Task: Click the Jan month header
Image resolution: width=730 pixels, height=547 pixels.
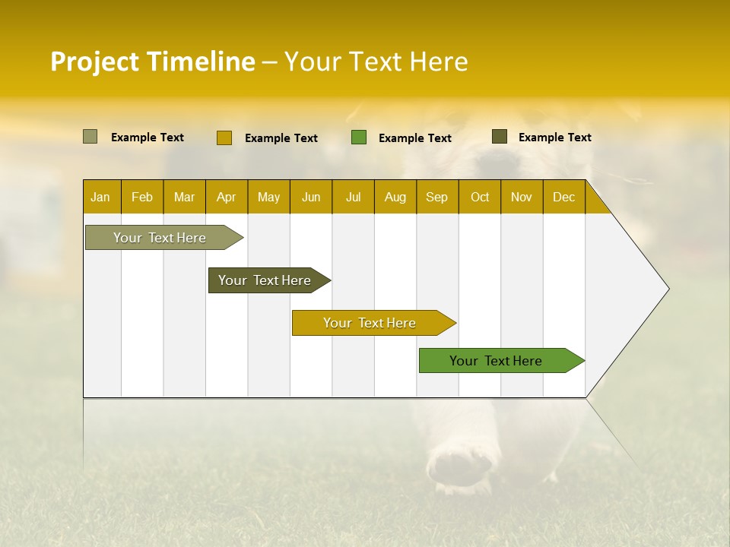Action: click(100, 197)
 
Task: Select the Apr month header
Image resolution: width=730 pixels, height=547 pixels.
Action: click(227, 197)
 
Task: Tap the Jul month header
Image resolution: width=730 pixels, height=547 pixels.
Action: click(353, 197)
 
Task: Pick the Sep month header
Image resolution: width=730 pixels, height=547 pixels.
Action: click(437, 197)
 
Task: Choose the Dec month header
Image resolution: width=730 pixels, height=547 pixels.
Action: click(563, 197)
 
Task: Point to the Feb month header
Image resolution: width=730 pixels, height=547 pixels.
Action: click(142, 197)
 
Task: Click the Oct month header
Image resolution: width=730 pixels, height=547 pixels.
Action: click(480, 197)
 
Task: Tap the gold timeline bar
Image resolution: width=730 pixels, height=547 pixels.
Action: click(370, 323)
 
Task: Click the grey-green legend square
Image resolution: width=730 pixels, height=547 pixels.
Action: click(90, 137)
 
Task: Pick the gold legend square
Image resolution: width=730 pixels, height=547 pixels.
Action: click(224, 138)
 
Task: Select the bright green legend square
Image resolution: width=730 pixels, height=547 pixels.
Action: click(359, 138)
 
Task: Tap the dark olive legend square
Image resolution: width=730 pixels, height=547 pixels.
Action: click(500, 137)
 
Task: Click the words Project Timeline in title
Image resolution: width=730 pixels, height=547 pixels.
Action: click(153, 62)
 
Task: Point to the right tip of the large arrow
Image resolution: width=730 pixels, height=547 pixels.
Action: click(668, 289)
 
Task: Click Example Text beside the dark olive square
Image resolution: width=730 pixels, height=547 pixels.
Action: click(554, 138)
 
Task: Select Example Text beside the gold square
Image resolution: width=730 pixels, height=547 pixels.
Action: click(281, 138)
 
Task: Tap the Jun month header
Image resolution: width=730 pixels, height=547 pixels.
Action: click(311, 197)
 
